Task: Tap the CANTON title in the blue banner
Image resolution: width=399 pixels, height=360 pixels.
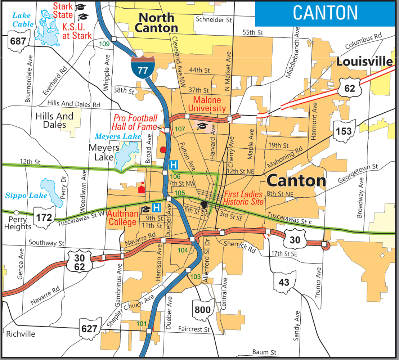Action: (x=325, y=13)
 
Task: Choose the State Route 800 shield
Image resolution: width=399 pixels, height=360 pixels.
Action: (x=202, y=309)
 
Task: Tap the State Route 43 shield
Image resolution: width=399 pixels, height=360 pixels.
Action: (x=284, y=282)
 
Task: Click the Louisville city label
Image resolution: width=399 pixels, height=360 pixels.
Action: (x=364, y=62)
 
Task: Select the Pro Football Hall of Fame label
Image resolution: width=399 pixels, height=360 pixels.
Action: (x=135, y=122)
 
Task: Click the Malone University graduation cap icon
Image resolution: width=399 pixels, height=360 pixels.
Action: (x=202, y=126)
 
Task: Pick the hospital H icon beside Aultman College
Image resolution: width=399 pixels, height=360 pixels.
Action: (x=156, y=208)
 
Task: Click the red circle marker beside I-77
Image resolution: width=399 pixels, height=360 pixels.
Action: (x=163, y=149)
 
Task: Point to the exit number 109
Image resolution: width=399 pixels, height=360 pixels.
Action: (x=104, y=44)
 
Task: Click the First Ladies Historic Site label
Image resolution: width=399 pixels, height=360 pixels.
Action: (x=244, y=198)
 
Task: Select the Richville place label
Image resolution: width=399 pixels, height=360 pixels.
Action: (x=21, y=334)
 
